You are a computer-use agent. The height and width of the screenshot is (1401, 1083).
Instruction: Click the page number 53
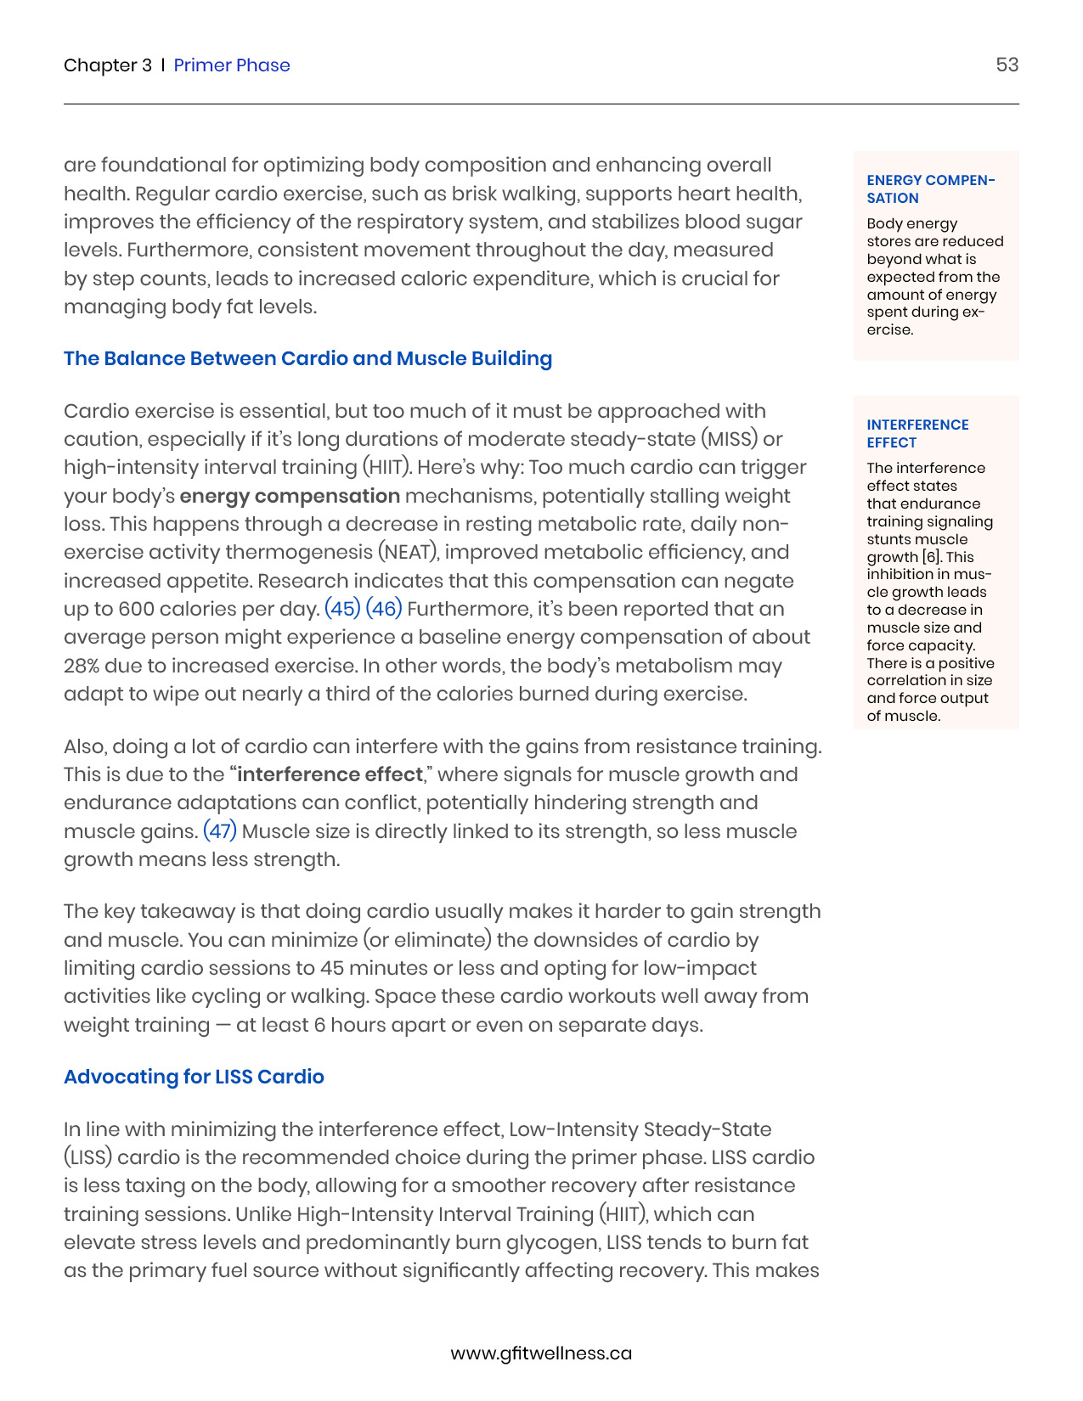pyautogui.click(x=1007, y=65)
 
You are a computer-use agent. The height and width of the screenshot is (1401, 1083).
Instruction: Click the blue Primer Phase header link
pyautogui.click(x=232, y=65)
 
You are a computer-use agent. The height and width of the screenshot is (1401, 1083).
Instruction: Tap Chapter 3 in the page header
pyautogui.click(x=108, y=65)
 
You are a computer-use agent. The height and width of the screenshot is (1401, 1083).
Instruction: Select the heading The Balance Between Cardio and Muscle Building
pyautogui.click(x=307, y=358)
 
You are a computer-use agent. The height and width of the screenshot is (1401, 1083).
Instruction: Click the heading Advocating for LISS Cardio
pyautogui.click(x=194, y=1077)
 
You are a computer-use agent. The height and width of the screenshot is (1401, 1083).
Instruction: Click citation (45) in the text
pyautogui.click(x=342, y=609)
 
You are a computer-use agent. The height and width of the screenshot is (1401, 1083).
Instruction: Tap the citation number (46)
pyautogui.click(x=384, y=609)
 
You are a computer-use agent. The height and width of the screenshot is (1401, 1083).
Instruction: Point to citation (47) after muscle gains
pyautogui.click(x=220, y=830)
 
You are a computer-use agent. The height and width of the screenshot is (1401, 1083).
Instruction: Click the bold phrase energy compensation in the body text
pyautogui.click(x=290, y=496)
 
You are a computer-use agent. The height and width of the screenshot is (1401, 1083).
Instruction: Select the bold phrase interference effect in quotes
pyautogui.click(x=330, y=774)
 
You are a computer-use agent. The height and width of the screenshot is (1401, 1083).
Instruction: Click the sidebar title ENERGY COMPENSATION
pyautogui.click(x=930, y=189)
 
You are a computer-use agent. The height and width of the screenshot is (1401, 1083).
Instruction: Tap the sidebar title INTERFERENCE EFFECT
pyautogui.click(x=917, y=433)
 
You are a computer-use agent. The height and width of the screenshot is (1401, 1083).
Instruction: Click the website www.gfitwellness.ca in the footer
pyautogui.click(x=541, y=1353)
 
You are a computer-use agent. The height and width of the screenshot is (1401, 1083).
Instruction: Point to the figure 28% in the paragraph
pyautogui.click(x=82, y=666)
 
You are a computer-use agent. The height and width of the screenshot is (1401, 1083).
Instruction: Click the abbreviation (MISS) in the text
pyautogui.click(x=729, y=439)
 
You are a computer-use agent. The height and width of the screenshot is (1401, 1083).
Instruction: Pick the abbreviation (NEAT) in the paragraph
pyautogui.click(x=408, y=552)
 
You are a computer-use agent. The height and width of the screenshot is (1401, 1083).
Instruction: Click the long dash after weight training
pyautogui.click(x=223, y=1025)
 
